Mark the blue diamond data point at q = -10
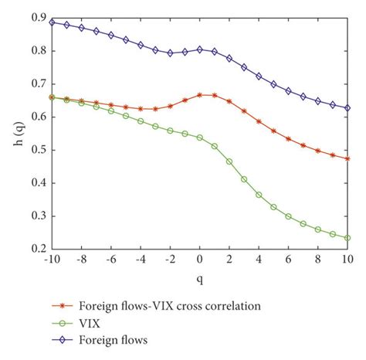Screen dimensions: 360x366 (x=52, y=22)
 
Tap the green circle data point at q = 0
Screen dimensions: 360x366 (x=199, y=138)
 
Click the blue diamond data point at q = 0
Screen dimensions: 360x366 (x=199, y=49)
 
